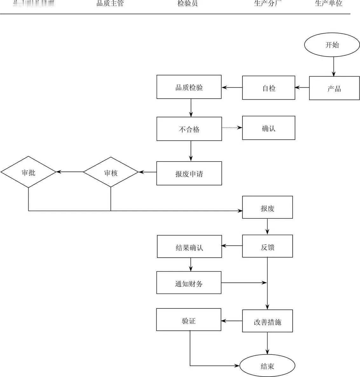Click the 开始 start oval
[x=332, y=45]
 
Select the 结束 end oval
[x=267, y=366]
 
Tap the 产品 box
[x=334, y=88]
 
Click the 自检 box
[x=268, y=88]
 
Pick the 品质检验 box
[x=189, y=87]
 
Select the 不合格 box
[x=189, y=129]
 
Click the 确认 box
[x=268, y=128]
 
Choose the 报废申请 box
[x=189, y=173]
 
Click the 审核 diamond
[x=111, y=172]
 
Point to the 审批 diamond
[x=29, y=172]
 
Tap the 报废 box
[x=267, y=208]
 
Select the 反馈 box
[x=267, y=246]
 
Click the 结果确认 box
[x=189, y=247]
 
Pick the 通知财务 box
[x=189, y=283]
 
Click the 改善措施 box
[x=267, y=321]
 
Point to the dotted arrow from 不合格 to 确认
[x=232, y=128]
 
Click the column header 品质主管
[x=110, y=4]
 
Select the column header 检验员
[x=187, y=4]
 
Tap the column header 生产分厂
[x=268, y=4]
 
